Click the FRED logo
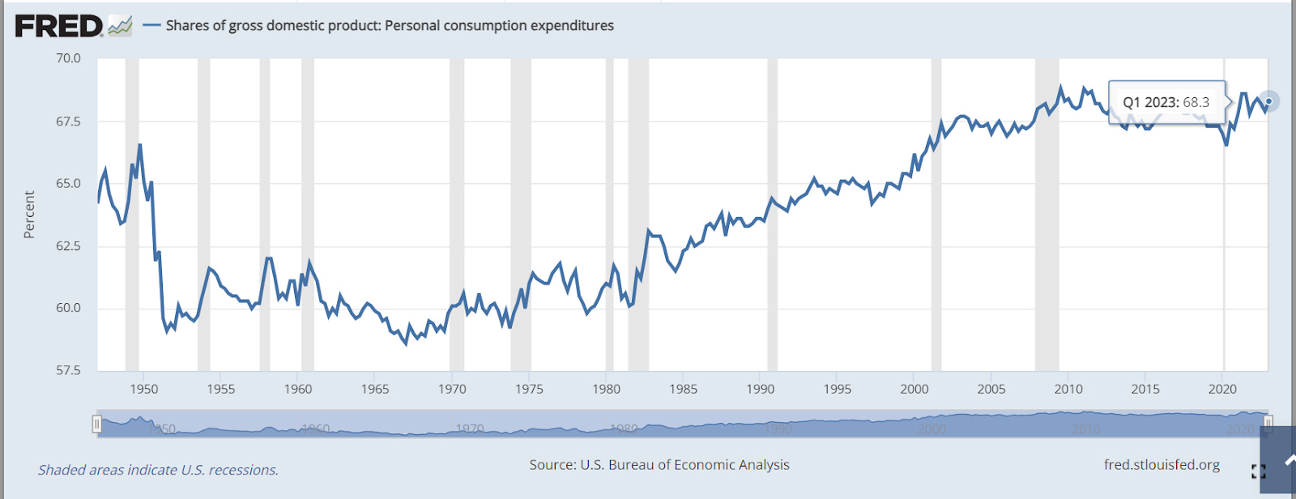click(59, 26)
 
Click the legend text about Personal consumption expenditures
click(390, 26)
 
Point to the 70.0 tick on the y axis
click(68, 58)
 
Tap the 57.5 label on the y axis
click(68, 370)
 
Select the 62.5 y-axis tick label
click(68, 245)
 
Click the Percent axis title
click(30, 215)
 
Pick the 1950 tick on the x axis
click(144, 389)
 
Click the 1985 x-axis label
click(683, 389)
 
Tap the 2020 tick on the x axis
click(1222, 389)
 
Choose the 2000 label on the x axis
click(914, 389)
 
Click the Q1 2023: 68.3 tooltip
click(1166, 102)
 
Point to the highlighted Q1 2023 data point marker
click(1268, 101)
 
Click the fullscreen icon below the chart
click(1258, 471)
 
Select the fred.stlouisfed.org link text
click(1162, 465)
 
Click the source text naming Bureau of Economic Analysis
click(659, 465)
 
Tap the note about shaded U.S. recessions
click(158, 470)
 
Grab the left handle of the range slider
click(97, 424)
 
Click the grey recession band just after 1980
click(638, 215)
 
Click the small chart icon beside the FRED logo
click(120, 27)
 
